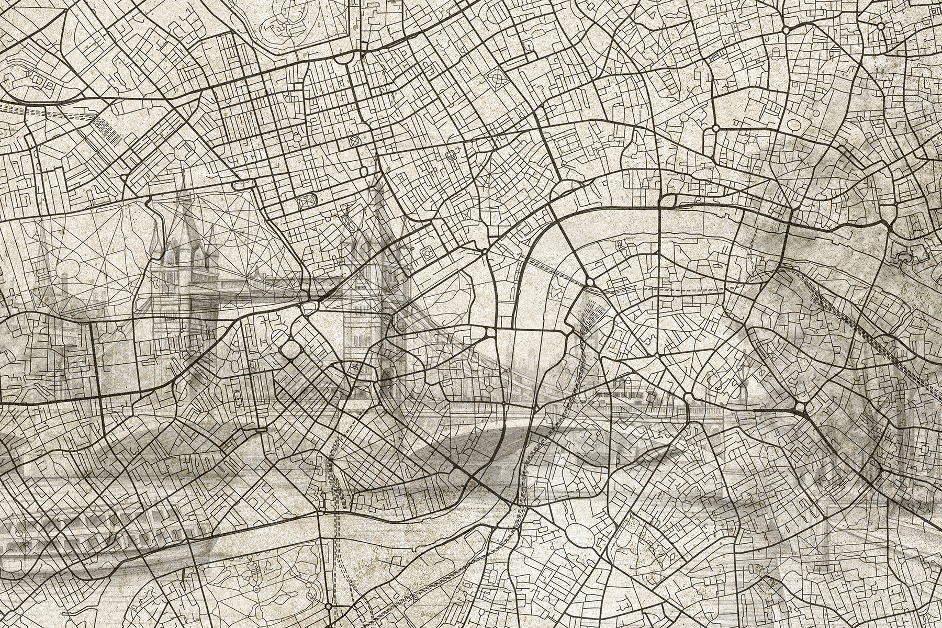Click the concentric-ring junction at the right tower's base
point(388,318)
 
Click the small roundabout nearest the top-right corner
point(881,10)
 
